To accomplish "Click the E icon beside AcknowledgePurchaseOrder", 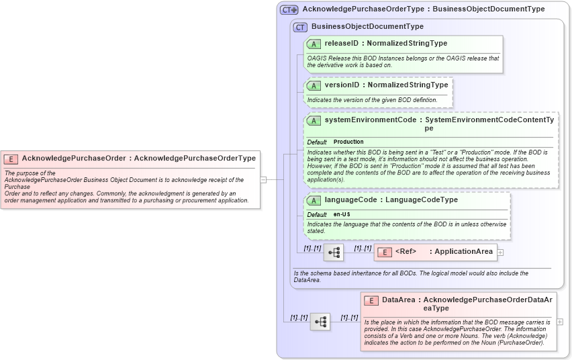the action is coord(11,159).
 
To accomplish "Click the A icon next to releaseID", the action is coord(314,44).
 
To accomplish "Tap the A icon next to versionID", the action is coord(314,85).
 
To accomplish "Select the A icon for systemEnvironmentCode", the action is coord(314,120).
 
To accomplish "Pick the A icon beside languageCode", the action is coord(314,200).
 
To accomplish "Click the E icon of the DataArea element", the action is coord(371,300).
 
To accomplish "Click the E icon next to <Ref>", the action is coord(385,252).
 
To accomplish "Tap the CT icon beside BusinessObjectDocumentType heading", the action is coord(299,27).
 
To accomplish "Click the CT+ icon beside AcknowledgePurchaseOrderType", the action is coord(289,9).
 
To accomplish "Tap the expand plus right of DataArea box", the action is coord(560,322).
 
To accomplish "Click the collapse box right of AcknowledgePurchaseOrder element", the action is coord(264,179).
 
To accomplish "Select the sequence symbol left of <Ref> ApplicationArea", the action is coord(334,252).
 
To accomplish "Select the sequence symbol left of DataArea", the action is coord(320,322).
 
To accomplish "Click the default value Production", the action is coord(348,142).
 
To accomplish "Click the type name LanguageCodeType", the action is coord(422,200).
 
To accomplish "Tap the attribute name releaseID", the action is coord(342,44).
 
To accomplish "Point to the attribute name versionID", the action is coord(342,85).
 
